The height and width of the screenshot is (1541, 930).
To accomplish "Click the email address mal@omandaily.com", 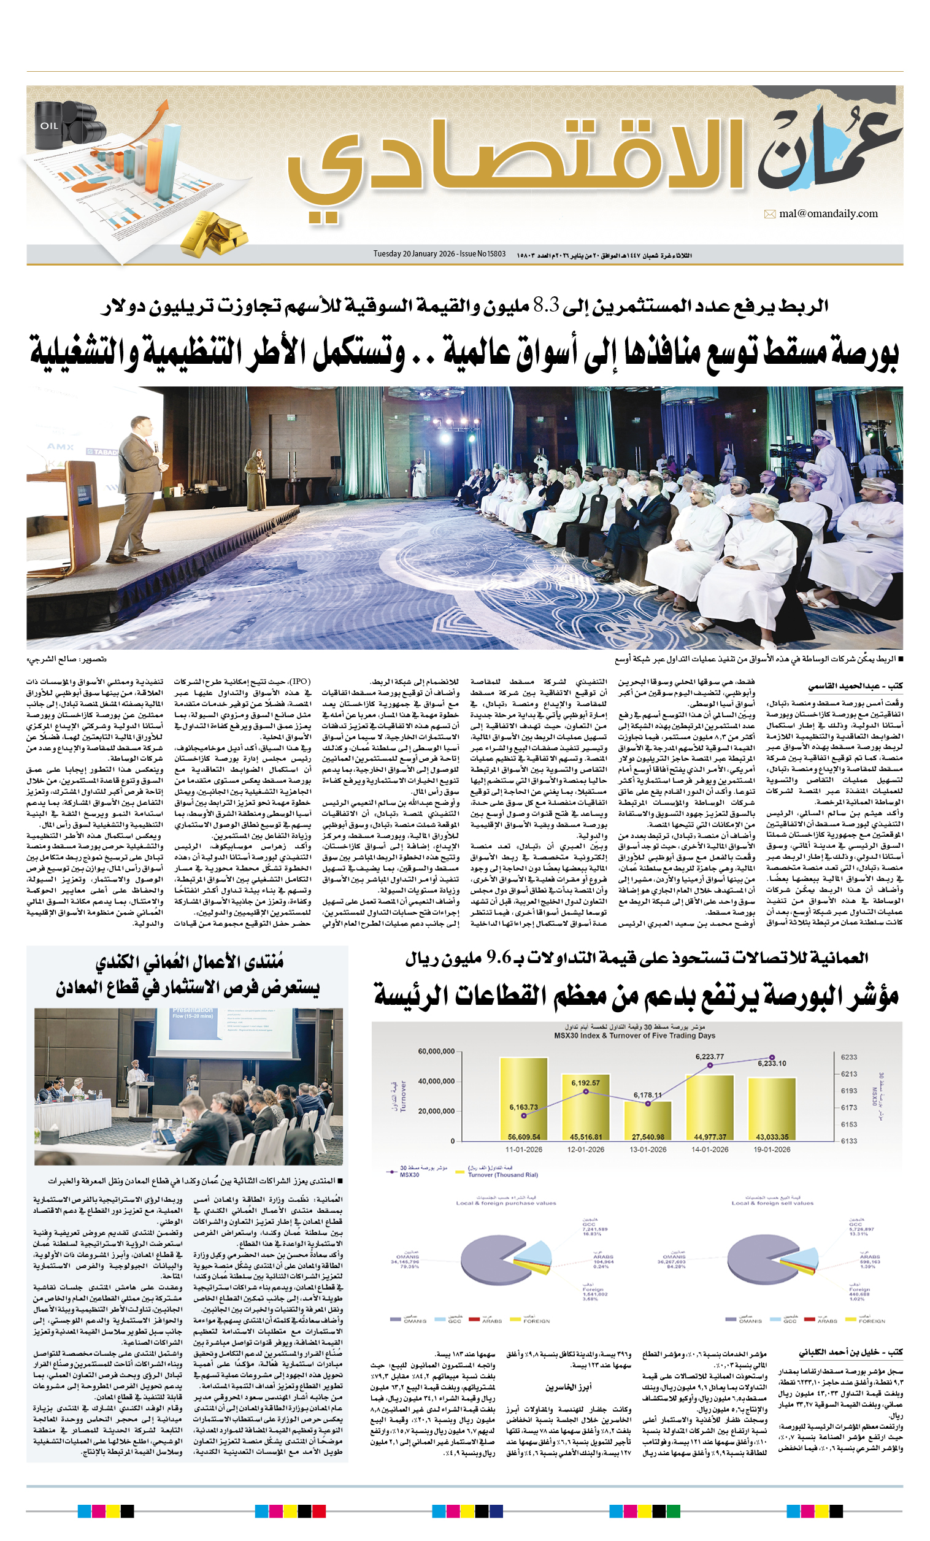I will coord(828,214).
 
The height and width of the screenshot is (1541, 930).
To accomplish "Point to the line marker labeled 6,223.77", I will coord(709,1065).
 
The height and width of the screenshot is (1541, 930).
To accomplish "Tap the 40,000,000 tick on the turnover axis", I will coord(436,1082).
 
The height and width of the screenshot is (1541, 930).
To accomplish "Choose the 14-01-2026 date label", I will coord(709,1150).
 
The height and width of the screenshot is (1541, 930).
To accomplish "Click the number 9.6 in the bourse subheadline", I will coord(499,958).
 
